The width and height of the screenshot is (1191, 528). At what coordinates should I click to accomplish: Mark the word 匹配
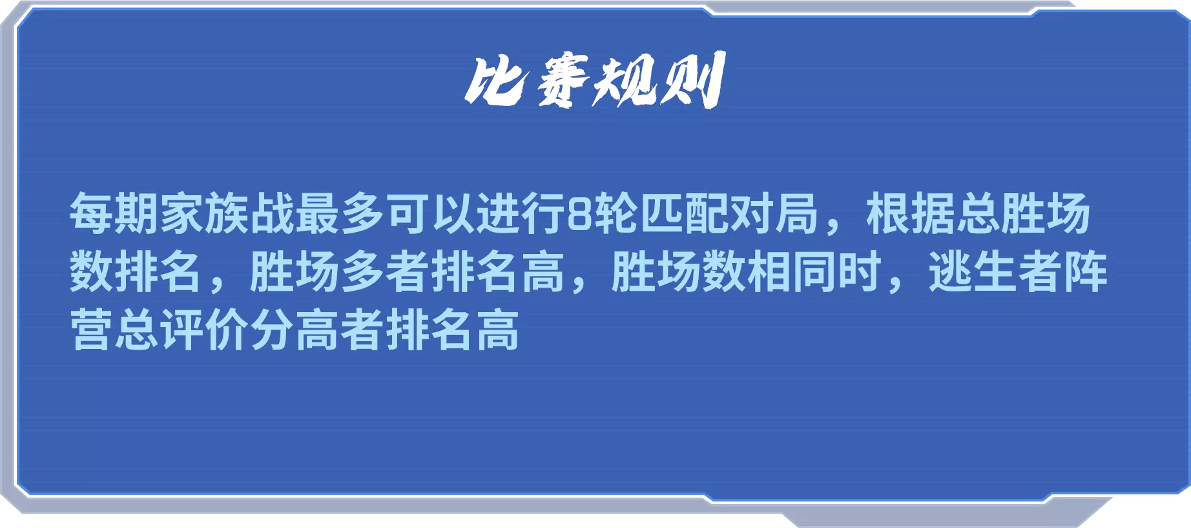click(684, 213)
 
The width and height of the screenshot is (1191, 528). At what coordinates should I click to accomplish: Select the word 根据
click(911, 213)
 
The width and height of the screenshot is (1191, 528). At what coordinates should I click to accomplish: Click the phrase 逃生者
click(995, 271)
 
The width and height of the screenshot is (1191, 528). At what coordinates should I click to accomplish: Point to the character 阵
click(1086, 271)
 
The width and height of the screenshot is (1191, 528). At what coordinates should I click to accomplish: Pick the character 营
click(92, 330)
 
